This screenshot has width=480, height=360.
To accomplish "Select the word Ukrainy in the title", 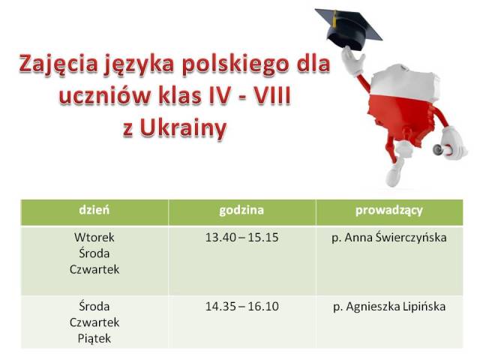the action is click(183, 128).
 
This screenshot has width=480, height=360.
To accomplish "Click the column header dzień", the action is click(94, 210).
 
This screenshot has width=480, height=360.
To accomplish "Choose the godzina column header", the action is click(241, 211).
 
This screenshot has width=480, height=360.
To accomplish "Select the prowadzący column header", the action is click(389, 211).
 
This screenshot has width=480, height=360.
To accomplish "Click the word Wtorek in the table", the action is click(94, 237).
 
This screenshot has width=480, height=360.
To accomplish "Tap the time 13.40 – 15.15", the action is click(241, 238).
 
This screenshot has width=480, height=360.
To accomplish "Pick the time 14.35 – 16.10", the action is click(241, 307).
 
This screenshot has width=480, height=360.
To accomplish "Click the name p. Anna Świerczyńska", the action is click(389, 238).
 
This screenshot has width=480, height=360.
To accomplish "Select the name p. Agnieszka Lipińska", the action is click(389, 307).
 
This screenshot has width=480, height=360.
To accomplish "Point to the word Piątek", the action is click(94, 339).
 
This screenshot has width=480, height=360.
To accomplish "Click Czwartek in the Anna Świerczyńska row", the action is click(94, 270).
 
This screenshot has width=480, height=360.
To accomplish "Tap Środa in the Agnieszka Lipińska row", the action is click(94, 306).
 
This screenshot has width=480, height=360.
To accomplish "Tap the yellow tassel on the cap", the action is click(335, 18).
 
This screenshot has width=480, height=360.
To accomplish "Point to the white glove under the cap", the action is click(352, 62).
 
